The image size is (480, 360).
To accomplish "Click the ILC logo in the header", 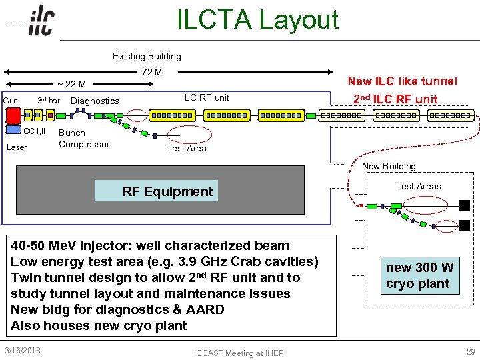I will pyautogui.click(x=41, y=22).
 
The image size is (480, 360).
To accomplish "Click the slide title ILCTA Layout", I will pyautogui.click(x=257, y=20).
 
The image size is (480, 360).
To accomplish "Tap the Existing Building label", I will pyautogui.click(x=147, y=56).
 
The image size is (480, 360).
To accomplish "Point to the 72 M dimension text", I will pyautogui.click(x=152, y=72).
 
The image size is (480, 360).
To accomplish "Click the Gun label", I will pyautogui.click(x=11, y=101).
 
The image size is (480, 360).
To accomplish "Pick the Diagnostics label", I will pyautogui.click(x=95, y=101).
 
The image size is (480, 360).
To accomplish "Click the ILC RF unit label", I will pyautogui.click(x=205, y=97).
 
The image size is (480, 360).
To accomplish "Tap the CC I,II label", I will pyautogui.click(x=35, y=131).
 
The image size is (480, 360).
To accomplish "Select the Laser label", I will pyautogui.click(x=17, y=147).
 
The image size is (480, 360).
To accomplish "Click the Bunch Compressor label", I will pyautogui.click(x=84, y=139).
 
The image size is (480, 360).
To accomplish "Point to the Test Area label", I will pyautogui.click(x=186, y=148).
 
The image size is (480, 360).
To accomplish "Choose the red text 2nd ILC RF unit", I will pyautogui.click(x=395, y=99).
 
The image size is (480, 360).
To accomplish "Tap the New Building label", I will pyautogui.click(x=389, y=166).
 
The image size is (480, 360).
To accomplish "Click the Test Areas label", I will pyautogui.click(x=418, y=186).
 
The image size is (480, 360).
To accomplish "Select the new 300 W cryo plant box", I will pyautogui.click(x=419, y=275).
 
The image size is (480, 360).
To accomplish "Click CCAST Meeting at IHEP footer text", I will pyautogui.click(x=239, y=353).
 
